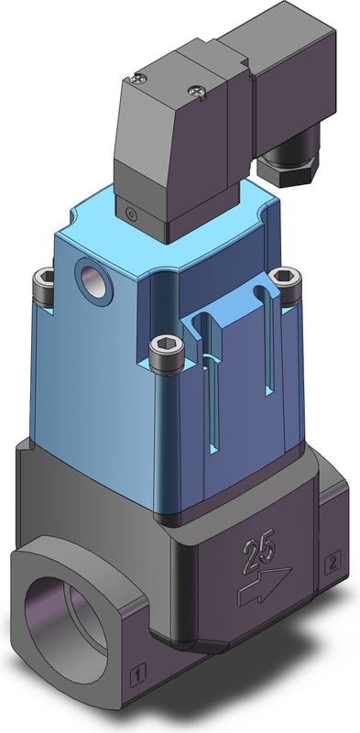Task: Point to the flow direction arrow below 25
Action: pyautogui.click(x=264, y=585)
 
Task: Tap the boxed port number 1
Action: pyautogui.click(x=138, y=675)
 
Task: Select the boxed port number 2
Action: pyautogui.click(x=333, y=563)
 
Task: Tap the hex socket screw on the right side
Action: pyautogui.click(x=285, y=285)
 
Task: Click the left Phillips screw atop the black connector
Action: pyautogui.click(x=138, y=79)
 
